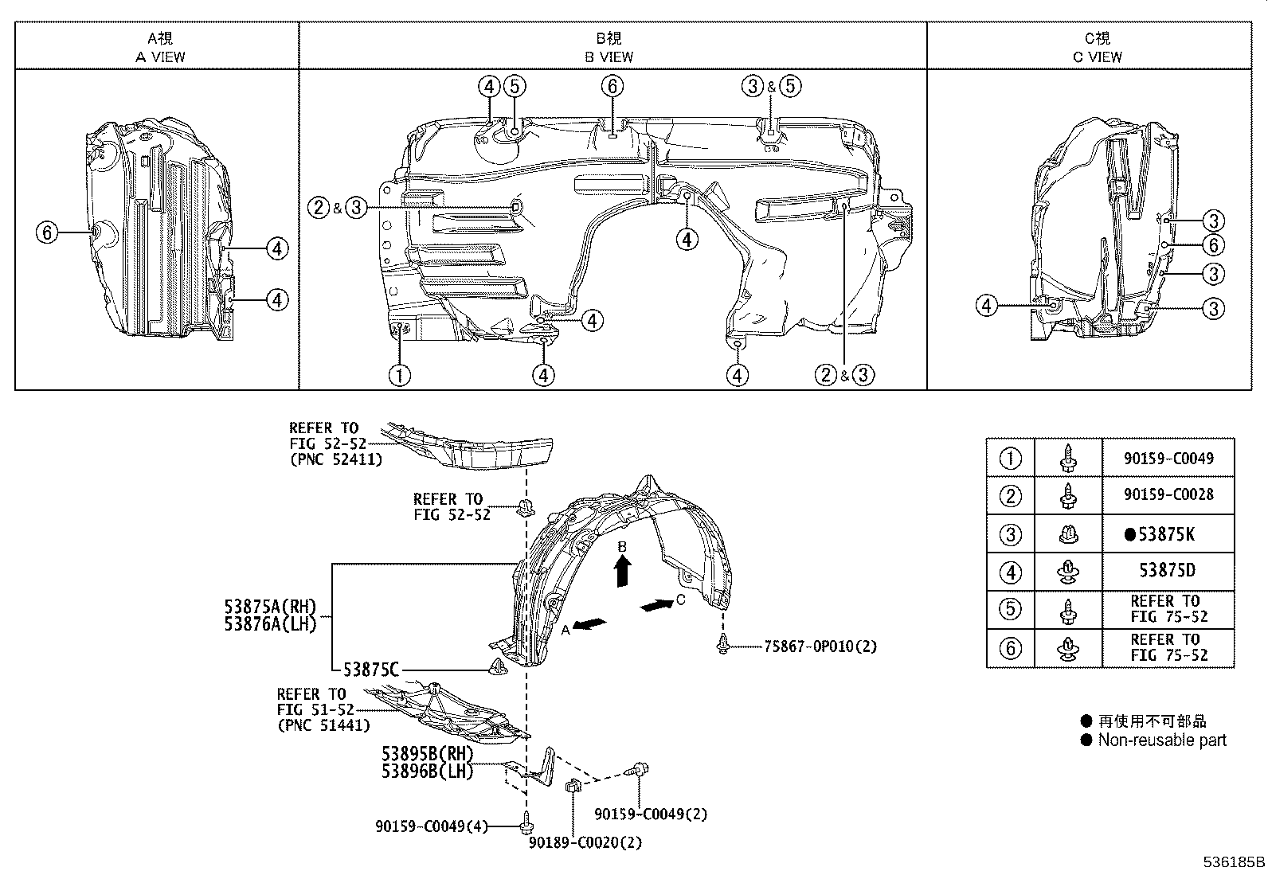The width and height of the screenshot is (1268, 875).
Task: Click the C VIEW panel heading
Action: pyautogui.click(x=1097, y=57)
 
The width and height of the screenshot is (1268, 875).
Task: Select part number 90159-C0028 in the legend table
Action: pyautogui.click(x=1168, y=494)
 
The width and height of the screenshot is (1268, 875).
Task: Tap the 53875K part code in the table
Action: pyautogui.click(x=1166, y=534)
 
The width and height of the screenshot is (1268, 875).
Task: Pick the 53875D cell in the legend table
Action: pyautogui.click(x=1167, y=571)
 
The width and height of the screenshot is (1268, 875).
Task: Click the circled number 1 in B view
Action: pyautogui.click(x=399, y=374)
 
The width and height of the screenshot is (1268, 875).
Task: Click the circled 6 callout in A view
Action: pyautogui.click(x=48, y=232)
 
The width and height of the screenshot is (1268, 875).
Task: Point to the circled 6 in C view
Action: pyautogui.click(x=1212, y=245)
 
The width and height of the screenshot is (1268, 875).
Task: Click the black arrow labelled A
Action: pyautogui.click(x=589, y=624)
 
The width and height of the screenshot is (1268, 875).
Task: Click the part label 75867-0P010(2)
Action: pyautogui.click(x=820, y=646)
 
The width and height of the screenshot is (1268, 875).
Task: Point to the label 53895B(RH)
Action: pyautogui.click(x=427, y=753)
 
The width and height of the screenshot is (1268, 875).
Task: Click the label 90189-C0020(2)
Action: pyautogui.click(x=585, y=842)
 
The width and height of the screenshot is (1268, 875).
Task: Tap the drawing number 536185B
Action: pyautogui.click(x=1233, y=862)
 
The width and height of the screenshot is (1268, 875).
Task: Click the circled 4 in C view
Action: pyautogui.click(x=987, y=305)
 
